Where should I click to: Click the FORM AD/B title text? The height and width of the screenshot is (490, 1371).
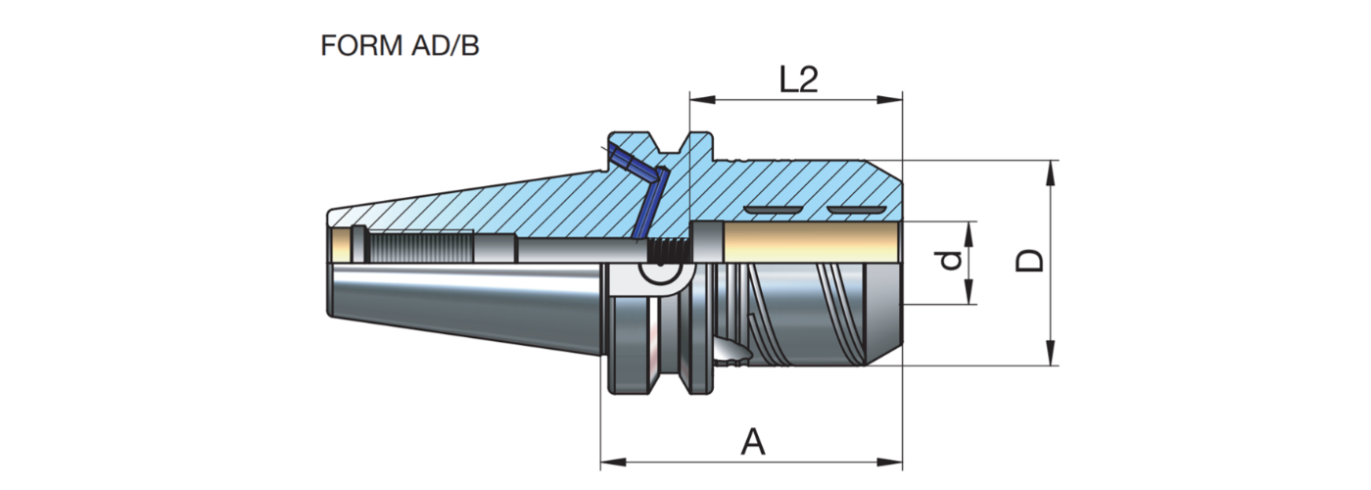coord(400,46)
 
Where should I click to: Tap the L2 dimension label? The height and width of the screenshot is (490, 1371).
coord(798,80)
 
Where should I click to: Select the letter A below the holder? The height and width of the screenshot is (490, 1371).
coord(752,443)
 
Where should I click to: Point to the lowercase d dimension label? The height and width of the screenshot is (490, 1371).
coord(944,262)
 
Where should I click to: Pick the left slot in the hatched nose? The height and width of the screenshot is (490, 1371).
coord(771,211)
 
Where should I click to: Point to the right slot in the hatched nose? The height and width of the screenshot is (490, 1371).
coord(855,211)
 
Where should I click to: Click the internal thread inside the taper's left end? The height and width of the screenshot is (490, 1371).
coord(421,244)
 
